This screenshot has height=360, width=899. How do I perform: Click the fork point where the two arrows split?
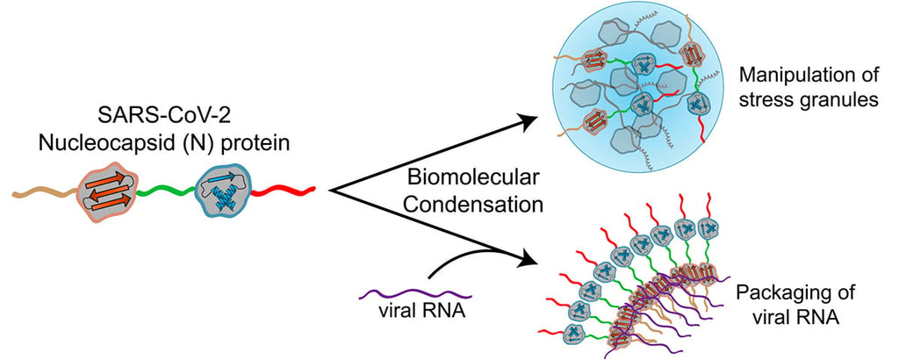(331, 189)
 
